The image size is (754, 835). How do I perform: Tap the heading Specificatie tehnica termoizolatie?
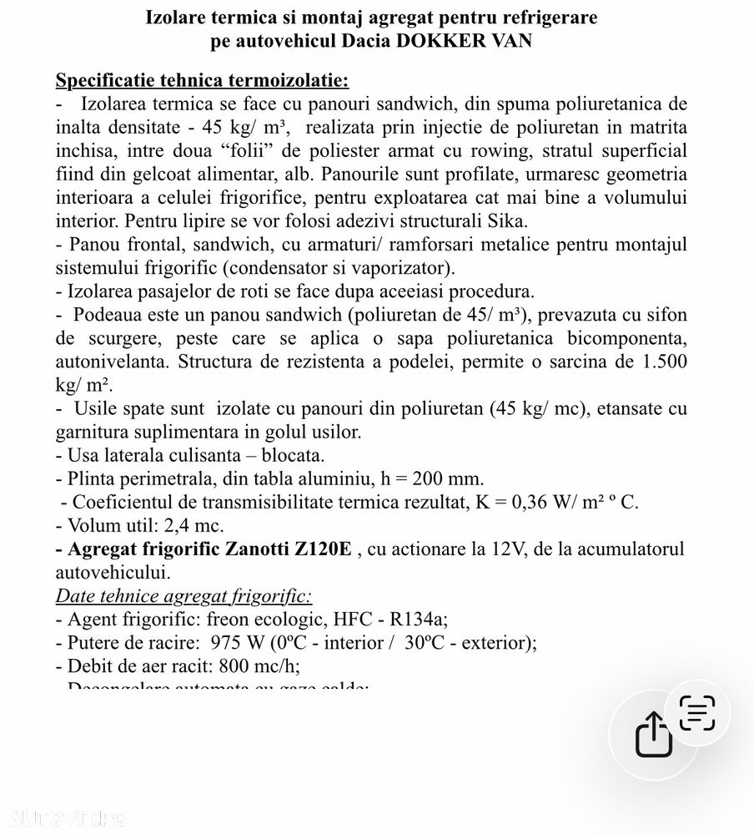[202, 81]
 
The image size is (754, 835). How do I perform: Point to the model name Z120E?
[321, 549]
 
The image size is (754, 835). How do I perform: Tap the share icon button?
[653, 735]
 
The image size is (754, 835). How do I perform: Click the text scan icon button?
[697, 713]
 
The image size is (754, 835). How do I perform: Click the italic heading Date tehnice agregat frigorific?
[183, 596]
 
